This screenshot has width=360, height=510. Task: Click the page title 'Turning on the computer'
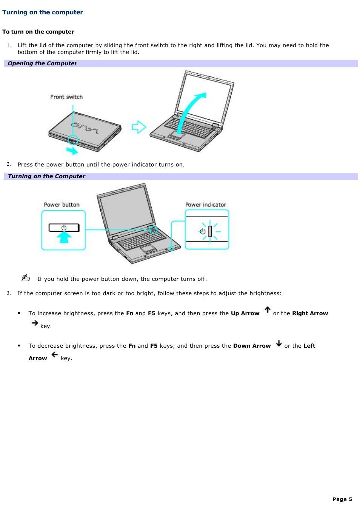(43, 12)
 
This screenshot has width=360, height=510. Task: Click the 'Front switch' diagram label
(66, 97)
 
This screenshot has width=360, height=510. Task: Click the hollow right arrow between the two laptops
(139, 127)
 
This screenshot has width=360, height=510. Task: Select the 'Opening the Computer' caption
(42, 63)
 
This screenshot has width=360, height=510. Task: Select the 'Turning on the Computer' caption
(46, 176)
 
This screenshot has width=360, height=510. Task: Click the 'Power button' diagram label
(62, 205)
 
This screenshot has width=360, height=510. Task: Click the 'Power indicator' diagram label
(206, 205)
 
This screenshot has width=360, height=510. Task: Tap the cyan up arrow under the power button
(64, 237)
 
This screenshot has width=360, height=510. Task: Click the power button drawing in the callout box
(64, 228)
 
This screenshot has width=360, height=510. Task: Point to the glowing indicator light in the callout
(210, 231)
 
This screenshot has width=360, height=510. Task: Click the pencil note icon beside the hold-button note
(26, 278)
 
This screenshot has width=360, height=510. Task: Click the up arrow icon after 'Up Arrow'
(268, 310)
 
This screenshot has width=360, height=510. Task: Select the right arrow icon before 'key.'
(35, 323)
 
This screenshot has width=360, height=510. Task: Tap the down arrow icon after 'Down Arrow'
(279, 343)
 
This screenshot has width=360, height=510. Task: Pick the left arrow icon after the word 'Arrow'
(55, 354)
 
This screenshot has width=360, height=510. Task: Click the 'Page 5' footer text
(342, 499)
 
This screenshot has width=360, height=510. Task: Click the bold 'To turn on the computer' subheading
(38, 32)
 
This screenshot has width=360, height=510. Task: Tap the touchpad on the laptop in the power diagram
(149, 249)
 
